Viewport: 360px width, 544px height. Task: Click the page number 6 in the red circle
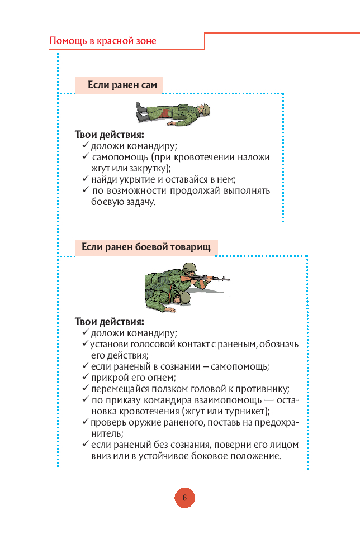184,498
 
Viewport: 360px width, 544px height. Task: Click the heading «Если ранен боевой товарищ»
146,247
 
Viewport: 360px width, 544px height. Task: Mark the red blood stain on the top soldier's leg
167,115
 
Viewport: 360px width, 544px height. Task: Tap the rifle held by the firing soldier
212,278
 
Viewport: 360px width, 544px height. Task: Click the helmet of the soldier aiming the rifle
188,269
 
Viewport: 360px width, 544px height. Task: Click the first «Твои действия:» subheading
109,135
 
